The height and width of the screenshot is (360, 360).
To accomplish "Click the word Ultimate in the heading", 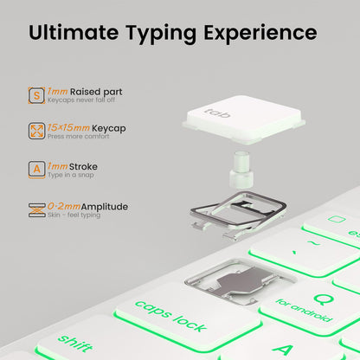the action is click(x=74, y=32).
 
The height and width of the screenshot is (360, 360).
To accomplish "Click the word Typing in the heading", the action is click(x=161, y=34).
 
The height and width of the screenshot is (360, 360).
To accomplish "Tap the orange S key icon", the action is click(x=36, y=95).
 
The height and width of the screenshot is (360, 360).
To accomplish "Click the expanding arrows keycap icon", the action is click(x=36, y=131).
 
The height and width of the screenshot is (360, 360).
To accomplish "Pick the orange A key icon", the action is click(x=36, y=170).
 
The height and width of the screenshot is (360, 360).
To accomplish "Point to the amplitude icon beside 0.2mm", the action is click(x=36, y=209).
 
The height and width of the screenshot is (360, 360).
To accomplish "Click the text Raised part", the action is click(x=96, y=92).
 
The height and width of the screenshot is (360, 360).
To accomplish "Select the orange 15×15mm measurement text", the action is click(x=68, y=127).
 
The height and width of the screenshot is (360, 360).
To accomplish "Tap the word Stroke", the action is click(x=83, y=166).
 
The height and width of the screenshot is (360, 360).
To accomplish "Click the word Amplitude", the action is click(x=105, y=207).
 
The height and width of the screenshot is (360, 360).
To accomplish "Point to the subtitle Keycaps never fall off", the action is click(x=81, y=100).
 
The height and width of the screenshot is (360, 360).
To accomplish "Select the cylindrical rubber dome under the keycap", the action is click(x=241, y=169).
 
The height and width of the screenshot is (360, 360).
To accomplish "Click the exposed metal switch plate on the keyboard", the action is click(x=241, y=281).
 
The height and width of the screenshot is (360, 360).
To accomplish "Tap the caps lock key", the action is click(x=188, y=316).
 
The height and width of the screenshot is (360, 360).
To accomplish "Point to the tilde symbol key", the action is click(x=305, y=252).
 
